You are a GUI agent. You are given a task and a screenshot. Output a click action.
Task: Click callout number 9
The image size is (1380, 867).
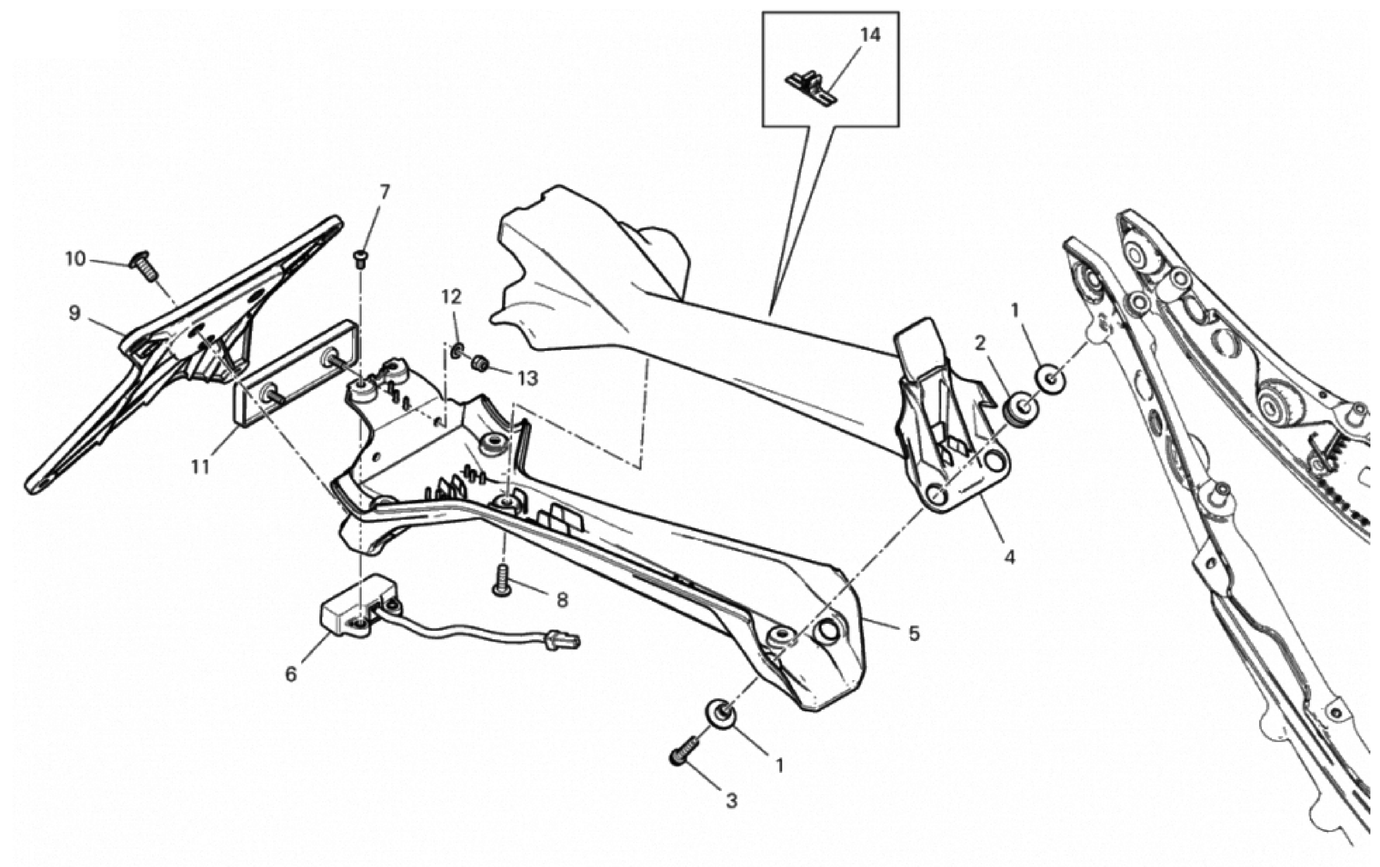tap(74, 313)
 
